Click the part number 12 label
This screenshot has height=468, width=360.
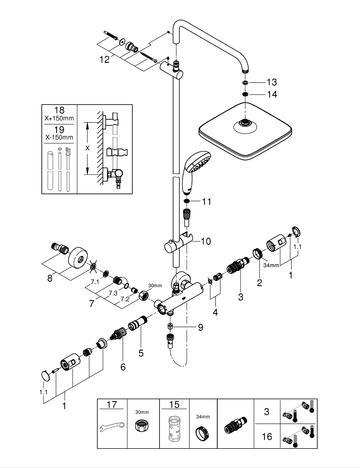[104, 59]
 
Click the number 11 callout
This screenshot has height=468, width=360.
[206, 202]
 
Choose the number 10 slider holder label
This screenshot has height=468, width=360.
[206, 241]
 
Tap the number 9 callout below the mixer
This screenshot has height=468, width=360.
[200, 328]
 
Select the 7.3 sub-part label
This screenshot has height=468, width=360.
[113, 293]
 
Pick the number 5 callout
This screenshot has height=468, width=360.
[140, 353]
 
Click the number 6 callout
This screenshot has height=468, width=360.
[123, 367]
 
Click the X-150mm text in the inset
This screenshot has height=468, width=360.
[59, 137]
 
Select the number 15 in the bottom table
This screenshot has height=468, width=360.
[174, 404]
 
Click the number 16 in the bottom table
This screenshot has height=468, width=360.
[266, 436]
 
